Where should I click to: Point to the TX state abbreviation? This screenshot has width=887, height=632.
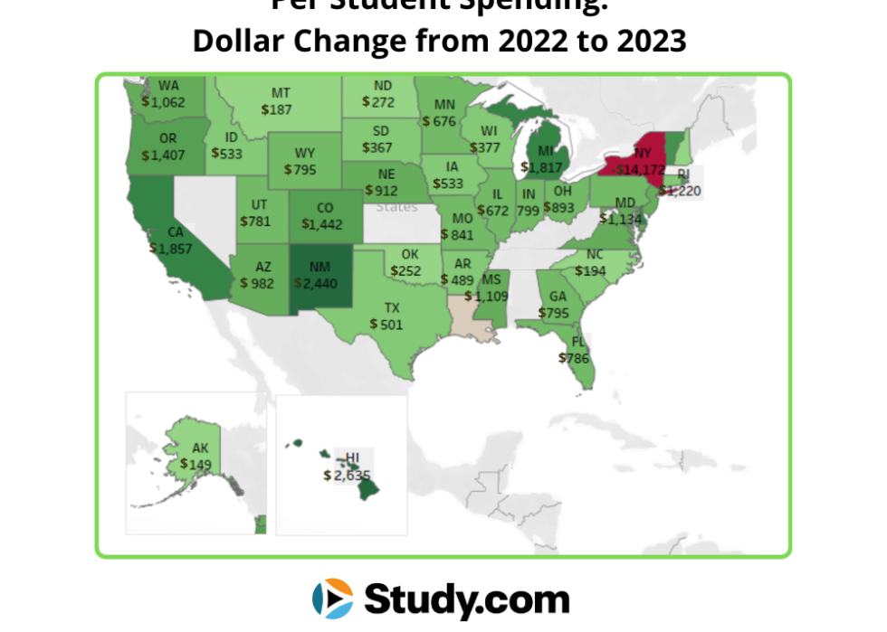tap(391, 307)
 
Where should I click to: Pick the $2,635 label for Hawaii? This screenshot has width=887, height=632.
tap(348, 474)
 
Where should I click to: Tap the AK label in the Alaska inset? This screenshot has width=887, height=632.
tap(200, 448)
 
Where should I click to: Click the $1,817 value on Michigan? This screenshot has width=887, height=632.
tap(542, 166)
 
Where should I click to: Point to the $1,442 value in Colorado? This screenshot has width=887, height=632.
tap(323, 223)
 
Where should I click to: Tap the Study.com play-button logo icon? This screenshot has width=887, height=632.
tap(332, 599)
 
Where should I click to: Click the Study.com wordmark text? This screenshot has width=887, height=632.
tap(466, 599)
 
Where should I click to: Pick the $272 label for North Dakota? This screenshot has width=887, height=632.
tap(377, 102)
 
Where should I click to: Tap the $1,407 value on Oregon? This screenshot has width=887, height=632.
tap(164, 155)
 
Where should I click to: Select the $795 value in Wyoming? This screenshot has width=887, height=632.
tap(300, 169)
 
